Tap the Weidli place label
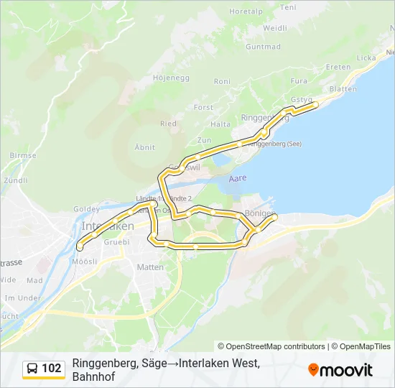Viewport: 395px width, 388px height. click(275, 28)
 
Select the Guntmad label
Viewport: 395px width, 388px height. click(263, 47)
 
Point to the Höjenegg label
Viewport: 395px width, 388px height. click(172, 77)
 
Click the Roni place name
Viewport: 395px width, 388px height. click(222, 82)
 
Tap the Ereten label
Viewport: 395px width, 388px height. click(338, 67)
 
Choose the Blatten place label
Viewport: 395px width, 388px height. click(343, 88)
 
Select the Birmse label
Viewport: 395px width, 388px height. click(23, 155)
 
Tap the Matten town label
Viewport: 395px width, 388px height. click(150, 267)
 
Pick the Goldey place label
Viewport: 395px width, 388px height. click(86, 209)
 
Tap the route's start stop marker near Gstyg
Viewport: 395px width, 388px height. click(315, 105)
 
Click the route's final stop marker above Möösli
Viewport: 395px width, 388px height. click(79, 247)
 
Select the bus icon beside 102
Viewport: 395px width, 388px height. click(33, 369)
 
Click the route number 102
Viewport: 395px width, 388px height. click(52, 369)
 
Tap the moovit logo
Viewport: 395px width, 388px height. click(340, 369)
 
